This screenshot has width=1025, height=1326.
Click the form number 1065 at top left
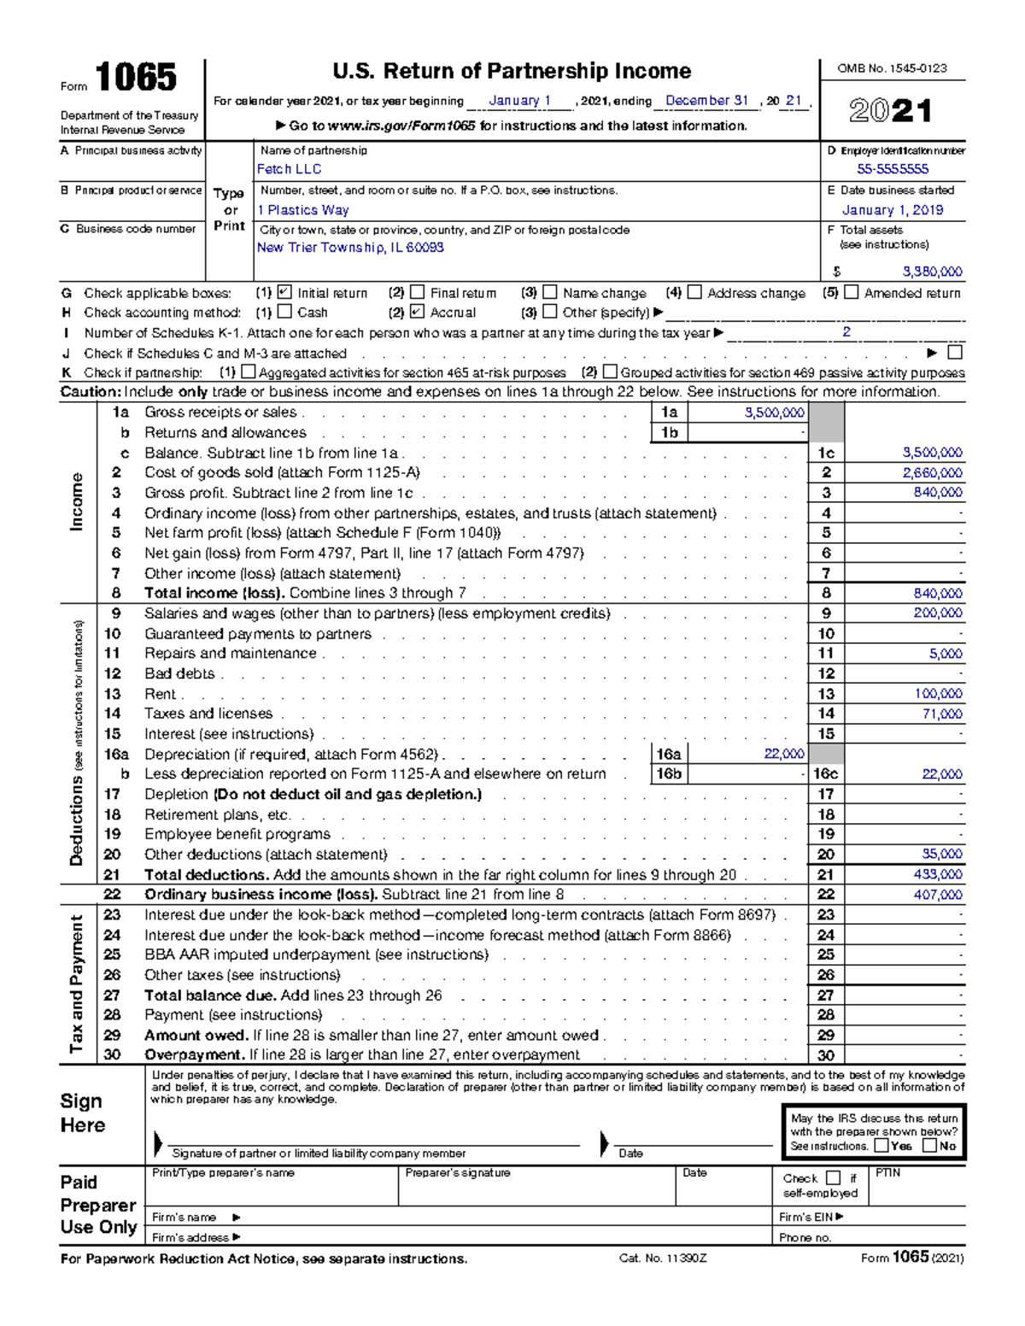point(136,79)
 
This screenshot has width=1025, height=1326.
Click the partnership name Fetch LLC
point(289,169)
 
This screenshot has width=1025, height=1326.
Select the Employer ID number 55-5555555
point(893,169)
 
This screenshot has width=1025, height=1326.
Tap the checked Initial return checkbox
point(285,293)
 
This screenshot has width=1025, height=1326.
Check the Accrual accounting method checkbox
point(417,313)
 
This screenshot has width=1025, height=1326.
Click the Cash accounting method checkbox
point(285,313)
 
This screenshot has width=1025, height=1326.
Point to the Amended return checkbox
point(851,293)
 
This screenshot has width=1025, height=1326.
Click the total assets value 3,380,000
point(932,272)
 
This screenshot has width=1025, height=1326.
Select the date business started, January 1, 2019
point(893,210)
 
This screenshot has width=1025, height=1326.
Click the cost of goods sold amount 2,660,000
point(932,473)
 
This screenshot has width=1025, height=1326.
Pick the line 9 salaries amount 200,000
point(937,613)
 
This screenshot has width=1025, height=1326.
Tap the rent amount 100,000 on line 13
point(938,694)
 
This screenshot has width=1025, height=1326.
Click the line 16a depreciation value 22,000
point(783,754)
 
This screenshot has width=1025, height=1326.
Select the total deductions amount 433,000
point(937,874)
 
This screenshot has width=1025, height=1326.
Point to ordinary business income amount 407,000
point(937,895)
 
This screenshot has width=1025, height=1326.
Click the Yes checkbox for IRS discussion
point(881,1146)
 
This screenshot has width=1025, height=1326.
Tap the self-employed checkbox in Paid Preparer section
point(834,1178)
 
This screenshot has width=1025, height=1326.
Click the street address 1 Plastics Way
point(302,210)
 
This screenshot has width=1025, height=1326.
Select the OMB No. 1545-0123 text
point(892,68)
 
